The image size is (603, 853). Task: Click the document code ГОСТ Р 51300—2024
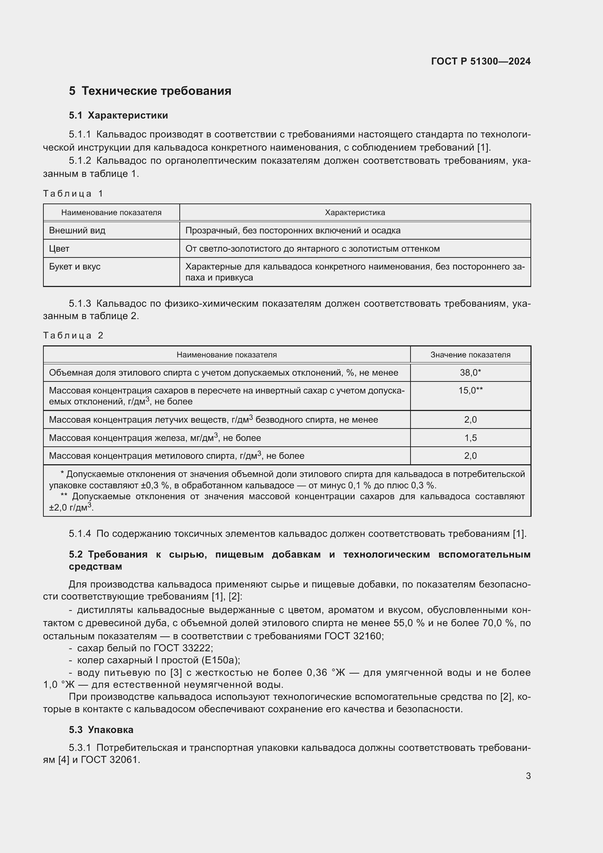pos(481,61)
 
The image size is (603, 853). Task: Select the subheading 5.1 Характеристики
pos(118,116)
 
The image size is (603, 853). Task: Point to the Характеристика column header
pos(355,213)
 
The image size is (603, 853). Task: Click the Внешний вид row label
pos(77,230)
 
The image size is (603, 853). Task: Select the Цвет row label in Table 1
pos(59,249)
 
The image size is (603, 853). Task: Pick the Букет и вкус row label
pos(75,267)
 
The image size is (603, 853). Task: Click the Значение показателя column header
pos(470,355)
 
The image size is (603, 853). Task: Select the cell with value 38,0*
pos(470,373)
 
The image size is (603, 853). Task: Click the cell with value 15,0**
pos(470,391)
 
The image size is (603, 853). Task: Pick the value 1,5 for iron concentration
pos(470,438)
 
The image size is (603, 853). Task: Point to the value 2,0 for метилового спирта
pos(470,456)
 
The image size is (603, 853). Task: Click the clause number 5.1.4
pos(79,534)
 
